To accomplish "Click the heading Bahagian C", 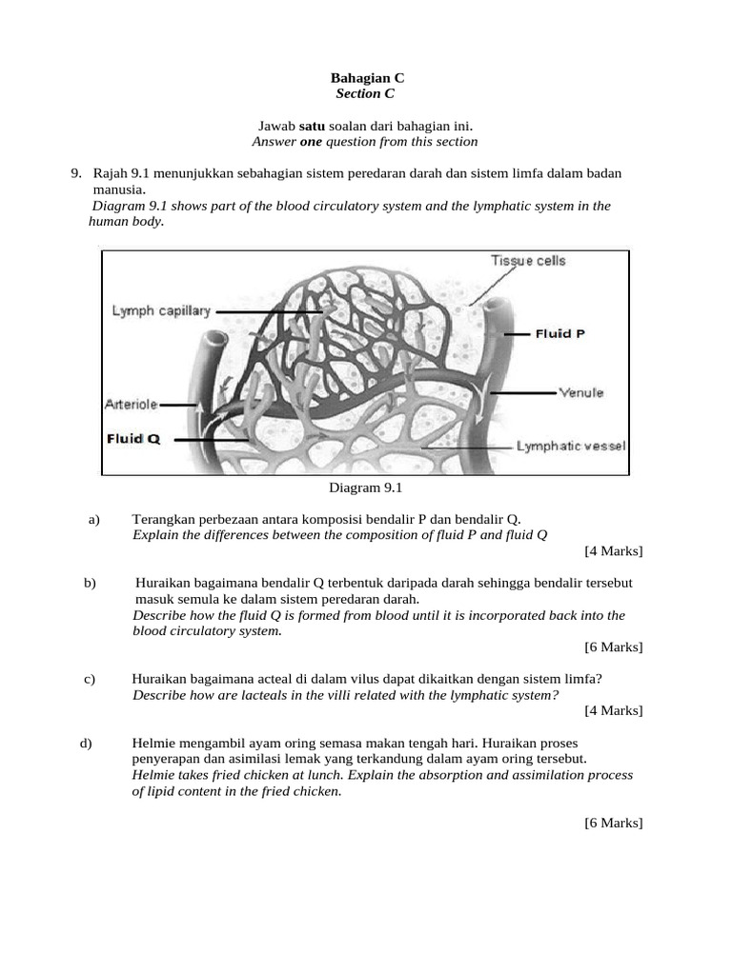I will point(367,78).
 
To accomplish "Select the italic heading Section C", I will point(365,94).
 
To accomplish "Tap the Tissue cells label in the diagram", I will point(528,261).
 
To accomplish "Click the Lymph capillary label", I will point(161,311).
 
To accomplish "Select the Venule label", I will point(580,392).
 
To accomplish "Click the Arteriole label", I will point(132,404).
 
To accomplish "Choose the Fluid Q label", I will point(132,439).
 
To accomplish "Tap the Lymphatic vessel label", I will point(571,445).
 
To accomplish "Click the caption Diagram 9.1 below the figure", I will point(367,488).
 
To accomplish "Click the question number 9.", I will point(75,173).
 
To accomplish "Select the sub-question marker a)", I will point(93,519).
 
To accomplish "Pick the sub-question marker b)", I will point(91,583).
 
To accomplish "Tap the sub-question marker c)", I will point(91,679).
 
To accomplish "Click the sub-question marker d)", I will point(87,743).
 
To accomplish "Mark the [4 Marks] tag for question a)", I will point(614,551).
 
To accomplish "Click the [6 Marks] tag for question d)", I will point(614,823).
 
